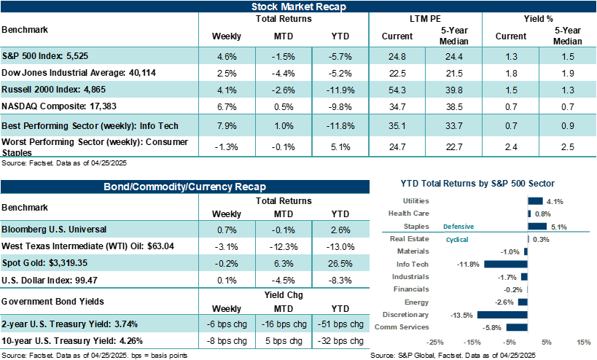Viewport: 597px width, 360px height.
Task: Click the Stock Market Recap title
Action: click(x=298, y=7)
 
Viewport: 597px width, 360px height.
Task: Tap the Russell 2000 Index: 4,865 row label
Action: click(x=50, y=91)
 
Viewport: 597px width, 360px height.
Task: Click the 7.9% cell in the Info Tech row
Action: click(x=227, y=126)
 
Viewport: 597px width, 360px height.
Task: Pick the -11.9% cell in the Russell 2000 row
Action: click(x=339, y=91)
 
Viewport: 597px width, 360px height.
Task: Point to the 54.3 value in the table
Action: click(x=398, y=91)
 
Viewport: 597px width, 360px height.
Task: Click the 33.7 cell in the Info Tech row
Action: click(x=454, y=126)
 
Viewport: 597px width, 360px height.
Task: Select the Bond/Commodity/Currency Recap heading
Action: click(x=184, y=187)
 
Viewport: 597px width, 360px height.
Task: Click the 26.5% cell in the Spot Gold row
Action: click(x=339, y=263)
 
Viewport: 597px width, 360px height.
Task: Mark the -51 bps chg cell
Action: click(x=339, y=324)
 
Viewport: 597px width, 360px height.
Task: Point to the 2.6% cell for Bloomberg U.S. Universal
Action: click(x=339, y=230)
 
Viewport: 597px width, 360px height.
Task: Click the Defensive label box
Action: click(x=459, y=227)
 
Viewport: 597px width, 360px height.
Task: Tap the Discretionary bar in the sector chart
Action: click(x=502, y=315)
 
